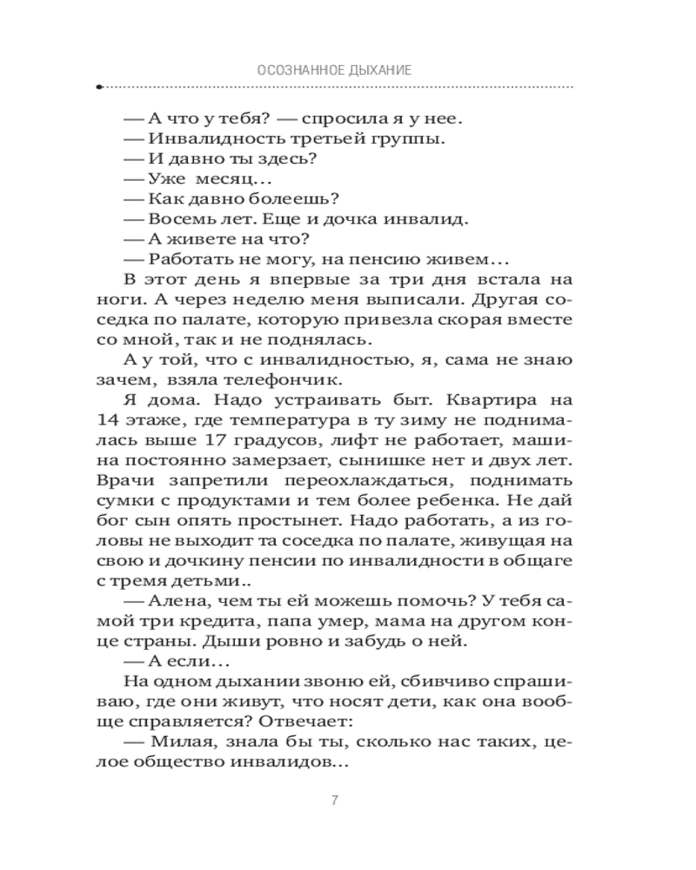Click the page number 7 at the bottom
[x=335, y=800]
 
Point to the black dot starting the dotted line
[x=100, y=87]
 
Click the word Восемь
[x=183, y=219]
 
